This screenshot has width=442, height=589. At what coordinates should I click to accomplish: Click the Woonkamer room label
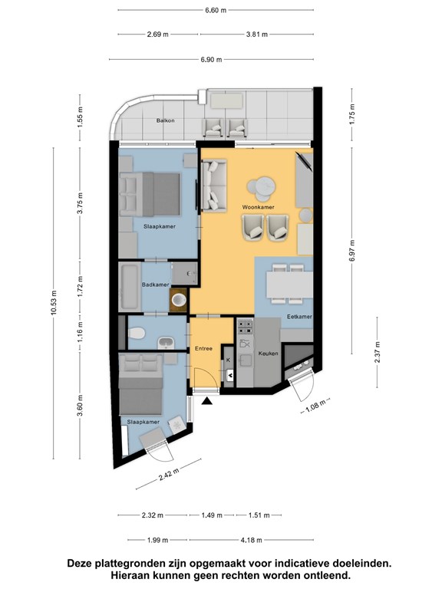click(x=258, y=207)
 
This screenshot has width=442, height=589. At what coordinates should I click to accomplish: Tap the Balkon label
click(x=166, y=120)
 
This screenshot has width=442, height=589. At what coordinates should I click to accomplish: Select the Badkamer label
click(x=155, y=285)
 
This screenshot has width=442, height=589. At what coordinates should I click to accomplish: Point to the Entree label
click(x=203, y=349)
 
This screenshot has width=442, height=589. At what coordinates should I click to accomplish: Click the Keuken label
click(x=268, y=354)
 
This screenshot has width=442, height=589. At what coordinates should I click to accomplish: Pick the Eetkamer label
click(x=299, y=317)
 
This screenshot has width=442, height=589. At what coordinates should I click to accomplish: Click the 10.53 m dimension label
click(x=54, y=303)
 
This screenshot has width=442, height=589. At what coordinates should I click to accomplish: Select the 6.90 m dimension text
click(x=211, y=59)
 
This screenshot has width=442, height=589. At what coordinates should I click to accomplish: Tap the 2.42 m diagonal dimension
click(x=169, y=475)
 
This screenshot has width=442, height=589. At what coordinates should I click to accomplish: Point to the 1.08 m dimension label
click(x=315, y=406)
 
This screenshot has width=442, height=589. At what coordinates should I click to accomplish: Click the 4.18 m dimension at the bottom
click(x=251, y=540)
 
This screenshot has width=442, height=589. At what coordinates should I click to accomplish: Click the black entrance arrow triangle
click(x=206, y=401)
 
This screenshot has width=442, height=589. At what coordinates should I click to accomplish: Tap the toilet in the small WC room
click(x=136, y=333)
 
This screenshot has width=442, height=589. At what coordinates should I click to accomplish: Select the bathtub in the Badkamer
click(x=130, y=287)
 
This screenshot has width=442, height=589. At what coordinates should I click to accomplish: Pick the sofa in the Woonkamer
click(x=214, y=184)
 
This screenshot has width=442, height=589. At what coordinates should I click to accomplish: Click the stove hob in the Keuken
click(x=245, y=326)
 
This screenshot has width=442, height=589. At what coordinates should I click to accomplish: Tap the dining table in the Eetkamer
click(x=289, y=285)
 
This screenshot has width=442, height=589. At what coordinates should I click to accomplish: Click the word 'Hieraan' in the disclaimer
click(x=130, y=575)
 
